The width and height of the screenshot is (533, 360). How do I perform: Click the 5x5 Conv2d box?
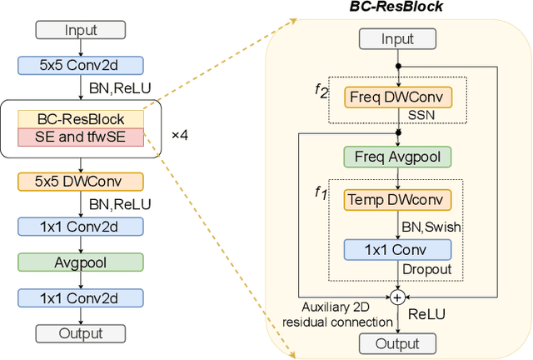pyautogui.click(x=80, y=64)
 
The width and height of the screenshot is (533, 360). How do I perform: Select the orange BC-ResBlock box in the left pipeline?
pyautogui.click(x=81, y=120)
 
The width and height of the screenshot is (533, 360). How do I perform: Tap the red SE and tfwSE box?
pyautogui.click(x=81, y=137)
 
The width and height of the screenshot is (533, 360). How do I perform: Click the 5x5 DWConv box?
pyautogui.click(x=80, y=181)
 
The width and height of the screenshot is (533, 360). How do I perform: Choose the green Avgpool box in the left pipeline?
pyautogui.click(x=80, y=261)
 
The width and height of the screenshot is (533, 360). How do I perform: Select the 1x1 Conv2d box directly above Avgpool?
pyautogui.click(x=80, y=225)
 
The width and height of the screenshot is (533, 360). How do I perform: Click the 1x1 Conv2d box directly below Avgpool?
pyautogui.click(x=80, y=297)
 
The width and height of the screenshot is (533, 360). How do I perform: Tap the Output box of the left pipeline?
pyautogui.click(x=80, y=333)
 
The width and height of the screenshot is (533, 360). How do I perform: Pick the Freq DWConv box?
pyautogui.click(x=397, y=97)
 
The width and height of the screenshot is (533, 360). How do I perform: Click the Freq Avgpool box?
pyautogui.click(x=397, y=156)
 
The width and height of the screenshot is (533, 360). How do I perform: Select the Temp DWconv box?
pyautogui.click(x=397, y=200)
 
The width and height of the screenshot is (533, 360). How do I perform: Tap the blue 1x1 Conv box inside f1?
pyautogui.click(x=397, y=249)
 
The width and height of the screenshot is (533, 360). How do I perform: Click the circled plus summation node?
pyautogui.click(x=397, y=297)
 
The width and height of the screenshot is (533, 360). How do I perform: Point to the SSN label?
pyautogui.click(x=421, y=117)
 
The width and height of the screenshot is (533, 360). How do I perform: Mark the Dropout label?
pyautogui.click(x=428, y=271)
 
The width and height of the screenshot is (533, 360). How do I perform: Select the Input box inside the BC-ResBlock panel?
pyautogui.click(x=397, y=39)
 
